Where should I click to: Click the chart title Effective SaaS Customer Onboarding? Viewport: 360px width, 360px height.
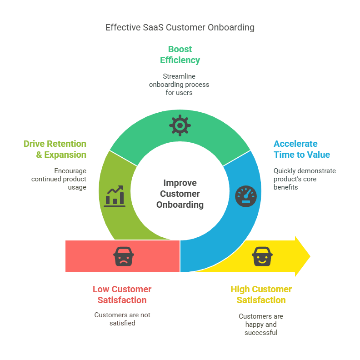tap(180, 27)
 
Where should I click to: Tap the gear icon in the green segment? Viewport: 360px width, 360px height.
tap(180, 125)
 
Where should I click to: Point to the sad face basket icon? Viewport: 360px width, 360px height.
tap(123, 256)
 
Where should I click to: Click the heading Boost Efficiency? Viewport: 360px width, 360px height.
tap(180, 55)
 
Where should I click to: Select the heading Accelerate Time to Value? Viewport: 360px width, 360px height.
tap(301, 149)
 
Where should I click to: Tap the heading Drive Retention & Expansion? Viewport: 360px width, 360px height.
tap(55, 149)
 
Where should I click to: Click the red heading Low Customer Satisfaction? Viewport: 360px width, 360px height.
tap(122, 295)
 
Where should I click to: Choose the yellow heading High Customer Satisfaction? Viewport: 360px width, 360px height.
tap(261, 295)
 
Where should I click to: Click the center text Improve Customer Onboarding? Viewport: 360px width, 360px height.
tap(180, 194)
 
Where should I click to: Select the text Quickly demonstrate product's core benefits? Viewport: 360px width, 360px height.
tap(305, 179)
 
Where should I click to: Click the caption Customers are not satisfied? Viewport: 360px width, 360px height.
tap(122, 319)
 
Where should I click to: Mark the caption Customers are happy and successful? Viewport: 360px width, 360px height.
tap(261, 324)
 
